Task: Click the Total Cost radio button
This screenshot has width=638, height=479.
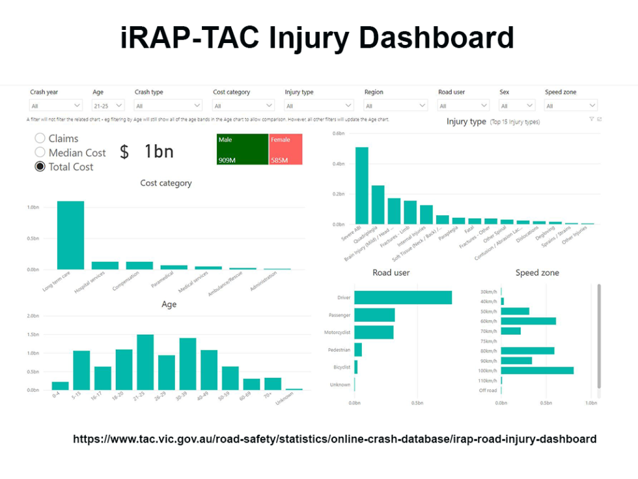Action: [40, 167]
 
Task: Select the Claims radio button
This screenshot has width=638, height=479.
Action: [40, 138]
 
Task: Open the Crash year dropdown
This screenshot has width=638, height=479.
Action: [56, 106]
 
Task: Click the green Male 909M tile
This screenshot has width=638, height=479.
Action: [242, 149]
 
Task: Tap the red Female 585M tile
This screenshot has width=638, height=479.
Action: [285, 149]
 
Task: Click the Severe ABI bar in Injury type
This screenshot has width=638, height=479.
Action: [361, 186]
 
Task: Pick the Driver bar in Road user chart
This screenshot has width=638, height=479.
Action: [403, 298]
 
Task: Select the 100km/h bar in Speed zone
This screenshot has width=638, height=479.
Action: [537, 370]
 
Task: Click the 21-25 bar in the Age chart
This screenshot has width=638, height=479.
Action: [145, 362]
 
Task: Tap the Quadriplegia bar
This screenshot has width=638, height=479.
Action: [378, 205]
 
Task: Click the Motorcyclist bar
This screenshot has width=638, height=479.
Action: [374, 332]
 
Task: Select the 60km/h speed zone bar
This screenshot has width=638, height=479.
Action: [528, 321]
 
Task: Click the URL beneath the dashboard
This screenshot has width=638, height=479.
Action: [334, 439]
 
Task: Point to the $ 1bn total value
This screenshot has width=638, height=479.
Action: [147, 152]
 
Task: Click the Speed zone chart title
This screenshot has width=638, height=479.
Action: [537, 272]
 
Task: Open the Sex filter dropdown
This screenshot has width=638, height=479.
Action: [517, 106]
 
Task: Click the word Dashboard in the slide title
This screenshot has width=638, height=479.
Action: [436, 38]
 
